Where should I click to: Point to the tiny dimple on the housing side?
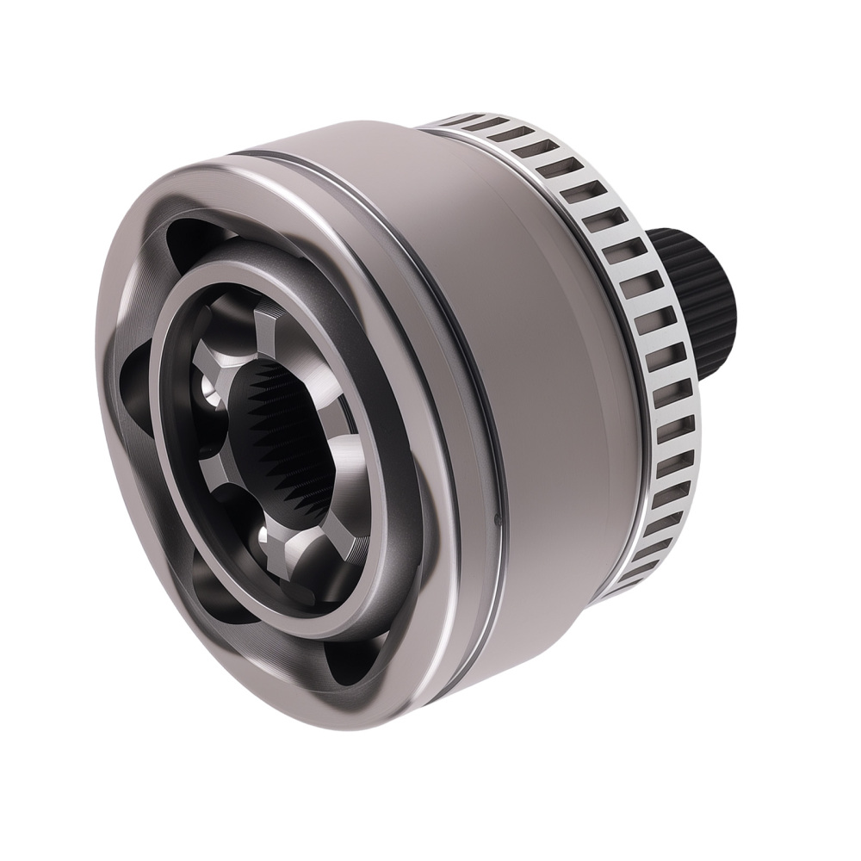497,518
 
